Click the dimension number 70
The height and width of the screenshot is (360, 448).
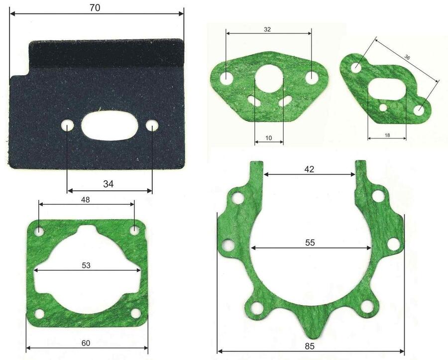[x=95, y=8]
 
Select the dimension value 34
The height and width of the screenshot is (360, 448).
[x=109, y=184]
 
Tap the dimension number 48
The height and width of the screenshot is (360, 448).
[x=86, y=200]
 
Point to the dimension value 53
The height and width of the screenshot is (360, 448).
[x=86, y=265]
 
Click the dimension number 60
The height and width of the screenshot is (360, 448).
[x=86, y=343]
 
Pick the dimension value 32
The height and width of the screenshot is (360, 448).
[x=267, y=29]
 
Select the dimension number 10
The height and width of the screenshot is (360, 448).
[x=269, y=138]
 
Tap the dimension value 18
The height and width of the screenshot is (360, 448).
[x=387, y=135]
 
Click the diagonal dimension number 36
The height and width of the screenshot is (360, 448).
[x=407, y=57]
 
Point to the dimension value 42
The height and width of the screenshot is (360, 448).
[x=309, y=169]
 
